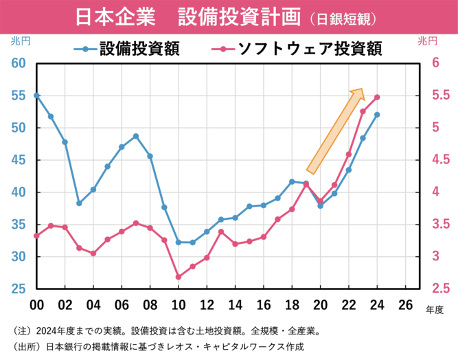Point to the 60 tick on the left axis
coord(17,63)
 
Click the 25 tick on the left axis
coord(17,289)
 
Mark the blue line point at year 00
coord(36,95)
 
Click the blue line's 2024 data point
coord(377,115)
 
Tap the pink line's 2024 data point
coord(377,98)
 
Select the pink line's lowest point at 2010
coord(179,277)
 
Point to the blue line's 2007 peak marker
coord(136,136)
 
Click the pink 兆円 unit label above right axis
coord(427,41)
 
